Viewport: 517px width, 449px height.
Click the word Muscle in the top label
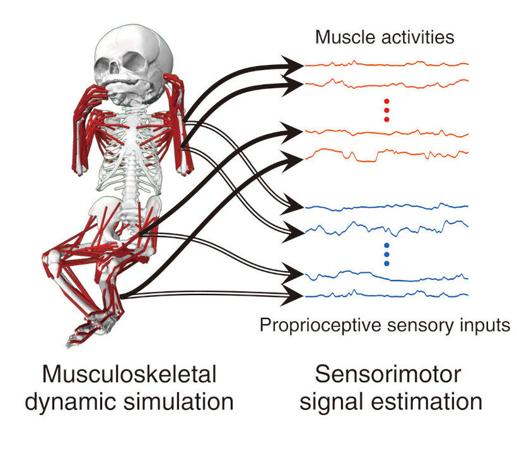pyautogui.click(x=346, y=37)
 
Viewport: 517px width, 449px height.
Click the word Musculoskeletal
pyautogui.click(x=129, y=374)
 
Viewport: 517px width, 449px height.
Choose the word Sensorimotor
pyautogui.click(x=388, y=374)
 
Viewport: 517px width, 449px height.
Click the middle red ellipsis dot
pyautogui.click(x=386, y=110)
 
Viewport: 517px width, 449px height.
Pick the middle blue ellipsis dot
pyautogui.click(x=386, y=254)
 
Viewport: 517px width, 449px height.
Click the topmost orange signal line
pyautogui.click(x=386, y=64)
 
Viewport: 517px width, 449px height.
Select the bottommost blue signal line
pyautogui.click(x=386, y=294)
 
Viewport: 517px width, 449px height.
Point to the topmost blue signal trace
pyautogui.click(x=386, y=207)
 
